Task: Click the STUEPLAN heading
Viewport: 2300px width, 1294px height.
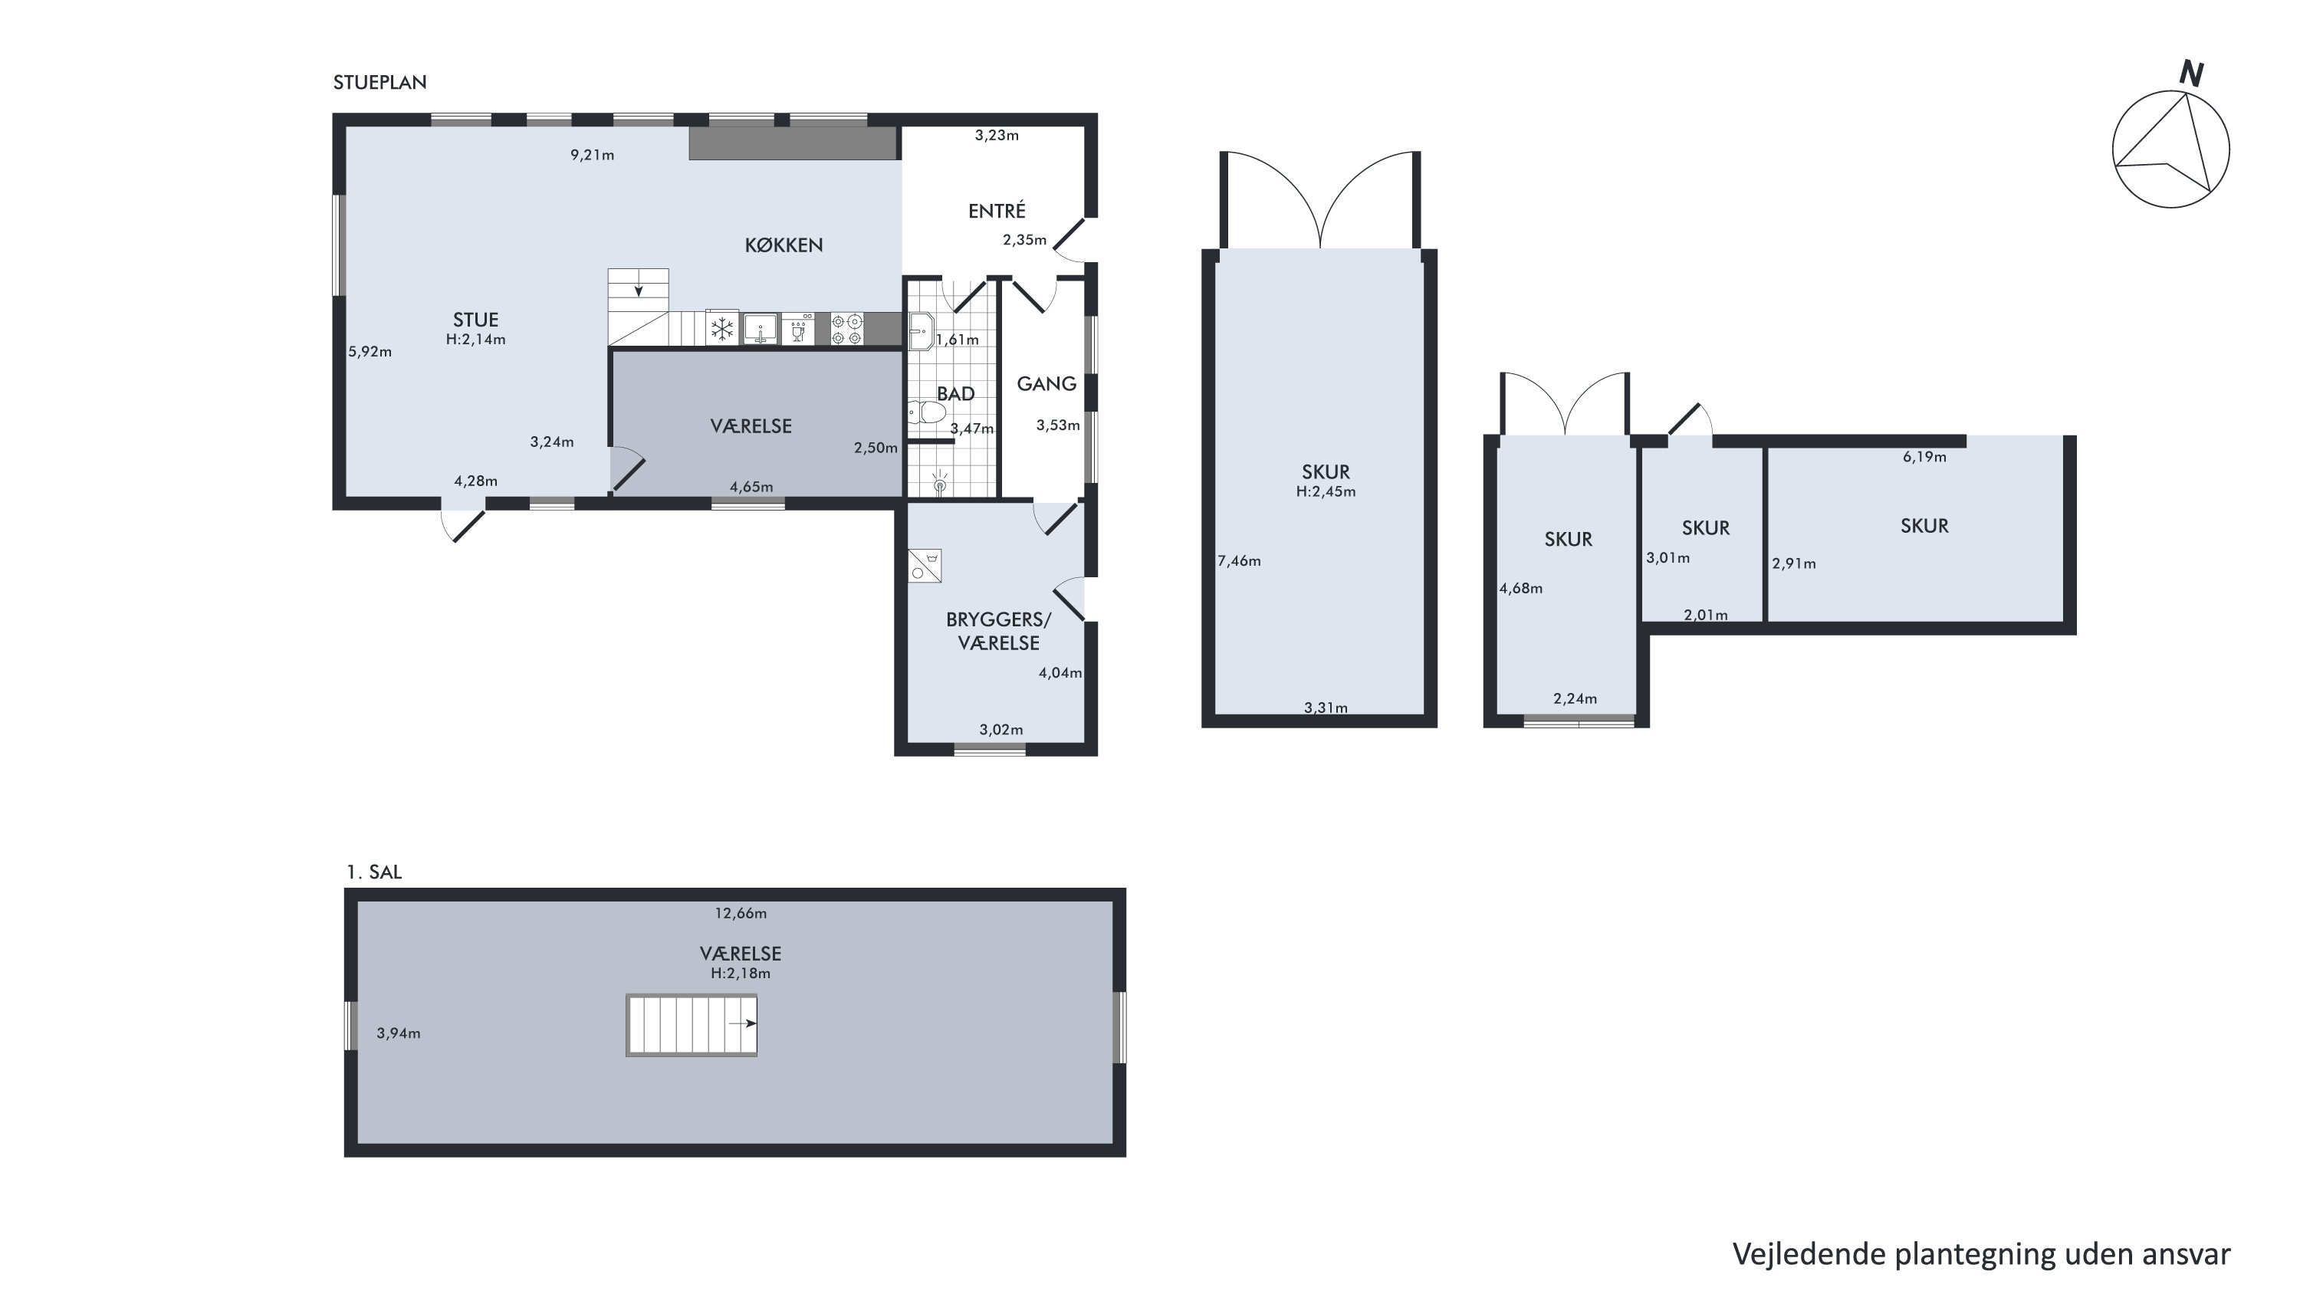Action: click(379, 82)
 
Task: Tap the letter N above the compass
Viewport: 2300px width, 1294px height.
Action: click(2191, 74)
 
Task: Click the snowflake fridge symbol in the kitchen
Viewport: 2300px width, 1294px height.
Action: click(721, 330)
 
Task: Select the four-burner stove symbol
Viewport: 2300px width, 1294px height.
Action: click(846, 330)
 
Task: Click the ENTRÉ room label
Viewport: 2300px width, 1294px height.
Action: click(997, 211)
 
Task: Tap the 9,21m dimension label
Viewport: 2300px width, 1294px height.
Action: click(592, 156)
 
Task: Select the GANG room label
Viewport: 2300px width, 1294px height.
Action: click(1046, 384)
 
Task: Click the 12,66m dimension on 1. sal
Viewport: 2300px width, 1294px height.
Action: click(740, 914)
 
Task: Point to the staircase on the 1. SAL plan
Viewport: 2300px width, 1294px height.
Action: click(692, 1025)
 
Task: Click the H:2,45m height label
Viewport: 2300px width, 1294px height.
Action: click(1326, 491)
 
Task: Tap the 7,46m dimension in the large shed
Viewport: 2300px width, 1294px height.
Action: click(1239, 561)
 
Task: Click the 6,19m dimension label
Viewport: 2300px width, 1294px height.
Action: click(1924, 457)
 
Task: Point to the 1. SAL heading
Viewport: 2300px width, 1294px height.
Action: click(374, 872)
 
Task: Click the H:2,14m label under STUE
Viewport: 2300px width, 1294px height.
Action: click(476, 340)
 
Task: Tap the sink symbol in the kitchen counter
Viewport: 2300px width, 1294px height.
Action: click(760, 330)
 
